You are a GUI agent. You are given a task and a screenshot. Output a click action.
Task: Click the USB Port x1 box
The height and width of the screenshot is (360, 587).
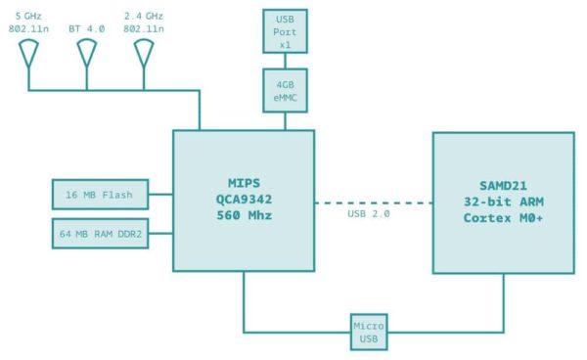pyautogui.click(x=286, y=30)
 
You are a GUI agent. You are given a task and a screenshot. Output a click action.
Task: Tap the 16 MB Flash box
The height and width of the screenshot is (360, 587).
pyautogui.click(x=100, y=195)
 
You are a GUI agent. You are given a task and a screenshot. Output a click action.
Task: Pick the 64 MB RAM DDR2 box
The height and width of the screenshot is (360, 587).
pyautogui.click(x=100, y=234)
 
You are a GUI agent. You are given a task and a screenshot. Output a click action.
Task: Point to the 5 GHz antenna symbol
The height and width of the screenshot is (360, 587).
pyautogui.click(x=28, y=56)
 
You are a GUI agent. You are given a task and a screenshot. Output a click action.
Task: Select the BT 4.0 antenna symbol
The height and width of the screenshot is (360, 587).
pyautogui.click(x=86, y=56)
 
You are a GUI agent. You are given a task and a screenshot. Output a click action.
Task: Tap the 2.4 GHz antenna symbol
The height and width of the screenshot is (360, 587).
pyautogui.click(x=143, y=56)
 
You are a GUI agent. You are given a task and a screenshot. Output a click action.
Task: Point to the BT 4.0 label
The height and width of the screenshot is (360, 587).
pyautogui.click(x=86, y=29)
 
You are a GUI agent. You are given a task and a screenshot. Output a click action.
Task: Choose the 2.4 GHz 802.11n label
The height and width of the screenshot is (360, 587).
pyautogui.click(x=145, y=23)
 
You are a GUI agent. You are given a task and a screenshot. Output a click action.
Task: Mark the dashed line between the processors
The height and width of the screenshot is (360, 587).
pyautogui.click(x=373, y=202)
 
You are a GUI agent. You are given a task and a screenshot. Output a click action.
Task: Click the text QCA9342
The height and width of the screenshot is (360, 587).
pyautogui.click(x=243, y=200)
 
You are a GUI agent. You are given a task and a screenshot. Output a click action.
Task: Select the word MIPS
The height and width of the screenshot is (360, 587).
pyautogui.click(x=243, y=183)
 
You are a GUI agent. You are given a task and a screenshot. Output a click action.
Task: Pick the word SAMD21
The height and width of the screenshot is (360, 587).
pyautogui.click(x=503, y=183)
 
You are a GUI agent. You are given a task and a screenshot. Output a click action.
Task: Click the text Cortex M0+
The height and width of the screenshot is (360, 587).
pyautogui.click(x=503, y=216)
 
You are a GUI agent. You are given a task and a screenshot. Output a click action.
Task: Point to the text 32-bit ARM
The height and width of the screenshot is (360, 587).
pyautogui.click(x=503, y=200)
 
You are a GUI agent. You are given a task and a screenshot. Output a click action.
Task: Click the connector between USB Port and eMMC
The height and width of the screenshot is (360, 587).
pyautogui.click(x=286, y=61)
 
